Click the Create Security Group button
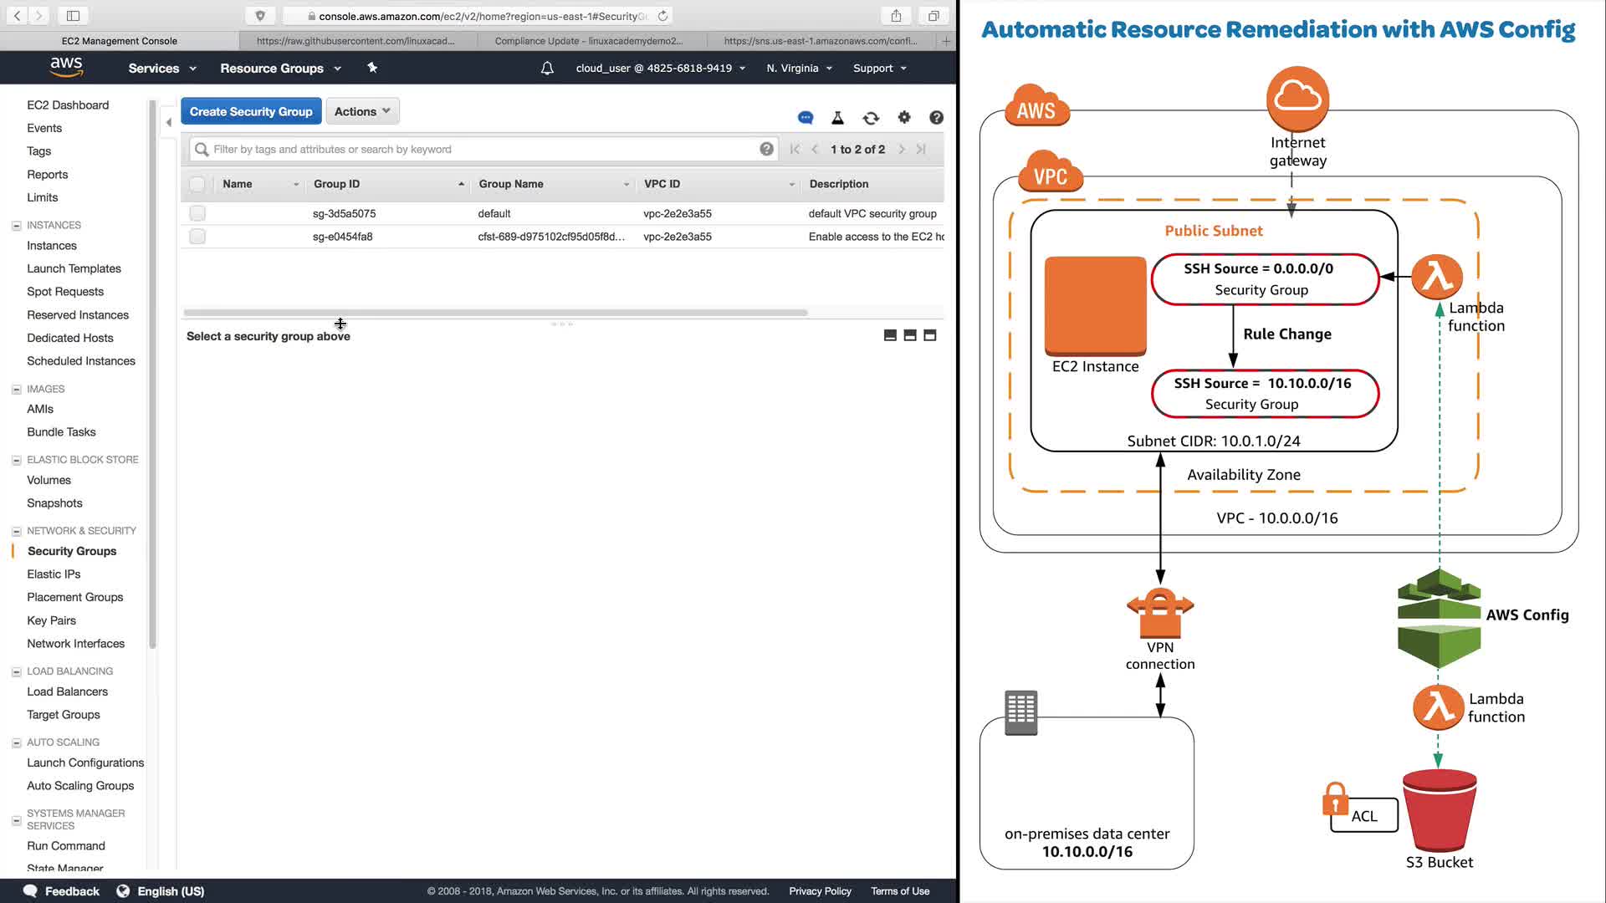coord(251,111)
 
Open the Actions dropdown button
coord(362,111)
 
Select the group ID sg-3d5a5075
coord(344,213)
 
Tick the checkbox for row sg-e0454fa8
coord(197,237)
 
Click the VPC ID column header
coord(662,184)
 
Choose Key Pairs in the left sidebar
coord(51,620)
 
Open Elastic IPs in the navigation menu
coord(54,574)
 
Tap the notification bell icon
coord(547,68)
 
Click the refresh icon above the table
coord(871,118)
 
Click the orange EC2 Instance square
coord(1095,305)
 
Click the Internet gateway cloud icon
coord(1297,99)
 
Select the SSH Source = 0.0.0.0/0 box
coord(1264,279)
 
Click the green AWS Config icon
coord(1439,619)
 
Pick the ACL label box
coord(1364,816)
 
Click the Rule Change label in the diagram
coord(1286,334)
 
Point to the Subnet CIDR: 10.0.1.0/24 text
coord(1213,441)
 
